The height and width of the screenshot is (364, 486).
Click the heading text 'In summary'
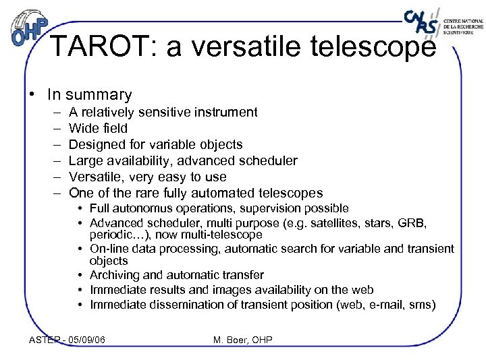coord(89,95)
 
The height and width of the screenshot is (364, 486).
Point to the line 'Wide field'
coord(98,128)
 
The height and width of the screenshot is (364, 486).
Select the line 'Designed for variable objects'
coord(155,144)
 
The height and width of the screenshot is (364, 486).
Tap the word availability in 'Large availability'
coord(139,160)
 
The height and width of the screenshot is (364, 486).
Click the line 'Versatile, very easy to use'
coord(147,177)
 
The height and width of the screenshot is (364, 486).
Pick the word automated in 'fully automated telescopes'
coord(230,193)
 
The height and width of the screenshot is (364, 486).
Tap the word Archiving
coord(115,275)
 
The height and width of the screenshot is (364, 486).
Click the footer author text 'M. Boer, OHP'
coord(242,340)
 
